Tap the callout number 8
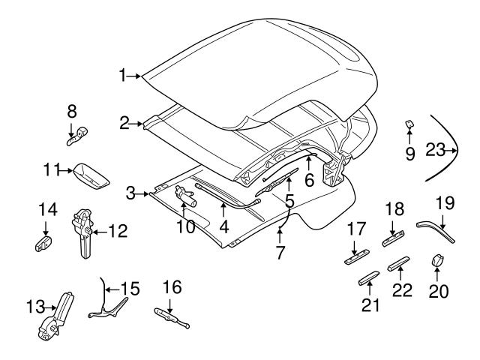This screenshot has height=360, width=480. [x=72, y=111]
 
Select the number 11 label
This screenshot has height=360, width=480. [x=50, y=171]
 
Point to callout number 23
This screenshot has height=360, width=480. [x=434, y=150]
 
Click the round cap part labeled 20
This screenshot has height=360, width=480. [x=436, y=260]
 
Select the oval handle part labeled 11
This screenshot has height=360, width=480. [x=88, y=175]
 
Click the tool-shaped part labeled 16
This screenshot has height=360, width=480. [x=171, y=319]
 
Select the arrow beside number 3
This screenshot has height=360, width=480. [x=143, y=194]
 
